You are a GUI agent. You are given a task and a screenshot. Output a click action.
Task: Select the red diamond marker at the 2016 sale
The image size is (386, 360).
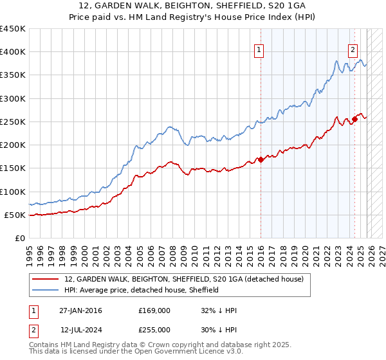pyautogui.click(x=261, y=159)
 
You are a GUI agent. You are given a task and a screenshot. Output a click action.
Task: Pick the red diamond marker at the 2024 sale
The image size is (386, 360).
pyautogui.click(x=354, y=120)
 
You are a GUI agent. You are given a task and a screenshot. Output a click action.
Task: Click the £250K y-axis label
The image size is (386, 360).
pyautogui.click(x=13, y=122)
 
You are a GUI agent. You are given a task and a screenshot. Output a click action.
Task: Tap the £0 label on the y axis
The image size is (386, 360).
pyautogui.click(x=19, y=238)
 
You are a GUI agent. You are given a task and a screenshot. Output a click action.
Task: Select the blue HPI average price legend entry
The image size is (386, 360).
pyautogui.click(x=142, y=290)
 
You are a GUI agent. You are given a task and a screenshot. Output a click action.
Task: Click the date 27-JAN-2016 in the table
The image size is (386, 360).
pyautogui.click(x=80, y=310)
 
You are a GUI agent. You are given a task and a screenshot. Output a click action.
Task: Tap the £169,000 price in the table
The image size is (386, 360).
pyautogui.click(x=154, y=310)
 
